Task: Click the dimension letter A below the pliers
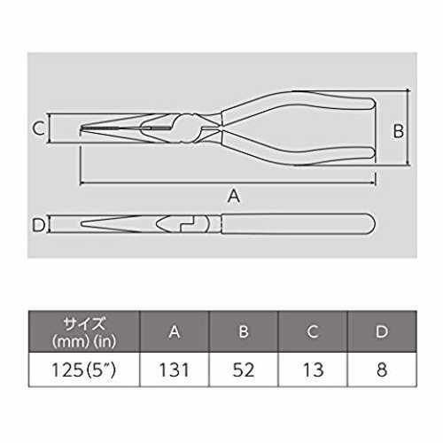[x=234, y=196]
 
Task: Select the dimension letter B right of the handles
[x=399, y=131]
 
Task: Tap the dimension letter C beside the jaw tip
[x=38, y=128]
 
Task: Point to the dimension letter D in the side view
[x=39, y=225]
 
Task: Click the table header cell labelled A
[x=175, y=331]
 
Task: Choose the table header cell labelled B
[x=244, y=331]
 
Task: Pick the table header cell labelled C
[x=313, y=331]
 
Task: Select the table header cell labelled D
[x=382, y=331]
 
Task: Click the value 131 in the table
[x=174, y=369]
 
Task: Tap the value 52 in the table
[x=244, y=369]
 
